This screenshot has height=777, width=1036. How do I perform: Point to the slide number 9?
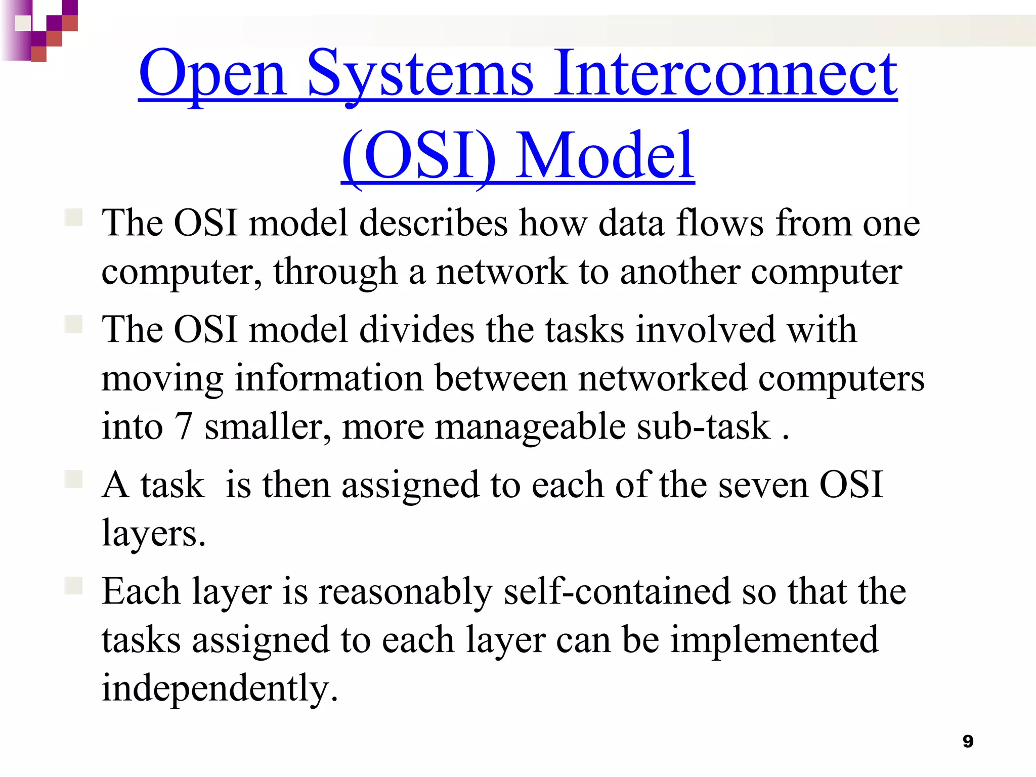[968, 741]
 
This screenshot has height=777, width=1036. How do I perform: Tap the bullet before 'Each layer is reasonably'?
[74, 586]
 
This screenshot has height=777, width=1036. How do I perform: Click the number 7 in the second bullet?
[183, 427]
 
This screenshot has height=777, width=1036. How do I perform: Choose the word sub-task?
[703, 427]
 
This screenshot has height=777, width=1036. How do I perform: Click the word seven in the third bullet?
[763, 485]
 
